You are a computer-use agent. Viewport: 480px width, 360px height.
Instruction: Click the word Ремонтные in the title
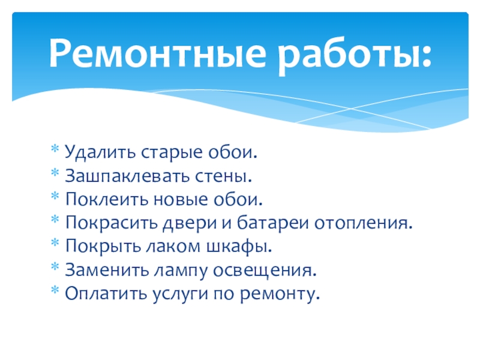[x=157, y=53]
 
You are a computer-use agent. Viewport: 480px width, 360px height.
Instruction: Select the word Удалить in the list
[x=100, y=152]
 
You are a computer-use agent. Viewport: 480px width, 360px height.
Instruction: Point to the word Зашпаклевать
[x=127, y=176]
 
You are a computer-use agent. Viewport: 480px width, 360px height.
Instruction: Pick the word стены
[x=223, y=177]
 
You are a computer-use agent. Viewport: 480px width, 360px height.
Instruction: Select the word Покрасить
[x=112, y=223]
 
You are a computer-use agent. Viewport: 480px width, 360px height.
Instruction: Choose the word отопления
[x=364, y=224]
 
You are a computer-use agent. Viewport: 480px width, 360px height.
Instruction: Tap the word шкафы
[x=239, y=247]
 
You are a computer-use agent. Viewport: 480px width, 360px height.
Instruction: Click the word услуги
[x=180, y=295]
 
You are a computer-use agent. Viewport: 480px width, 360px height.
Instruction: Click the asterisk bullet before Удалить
[x=55, y=149]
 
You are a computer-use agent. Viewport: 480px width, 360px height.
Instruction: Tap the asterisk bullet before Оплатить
[x=55, y=290]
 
